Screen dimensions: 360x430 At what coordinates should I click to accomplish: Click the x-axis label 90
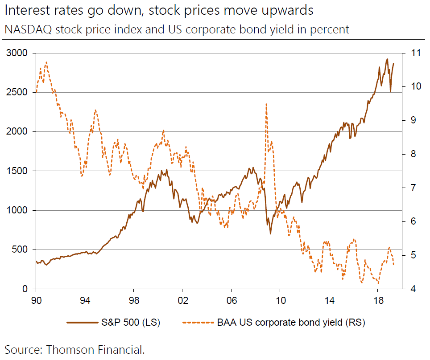click(37, 300)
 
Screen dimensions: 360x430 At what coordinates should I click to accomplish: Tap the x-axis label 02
click(182, 300)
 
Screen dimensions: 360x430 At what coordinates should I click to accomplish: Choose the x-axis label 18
click(377, 300)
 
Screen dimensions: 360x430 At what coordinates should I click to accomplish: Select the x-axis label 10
click(280, 300)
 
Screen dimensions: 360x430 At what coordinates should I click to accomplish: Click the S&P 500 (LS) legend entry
click(113, 322)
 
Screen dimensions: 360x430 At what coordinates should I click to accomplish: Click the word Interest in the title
click(27, 10)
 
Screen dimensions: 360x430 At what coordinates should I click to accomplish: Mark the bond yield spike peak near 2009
click(266, 104)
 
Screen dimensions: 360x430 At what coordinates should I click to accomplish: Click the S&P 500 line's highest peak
click(387, 59)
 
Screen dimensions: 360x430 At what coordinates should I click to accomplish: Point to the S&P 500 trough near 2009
click(270, 233)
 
